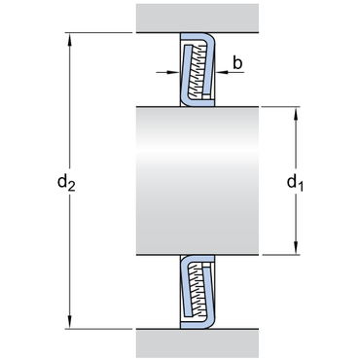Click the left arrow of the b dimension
coord(170,71)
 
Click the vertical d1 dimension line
coord(295,146)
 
